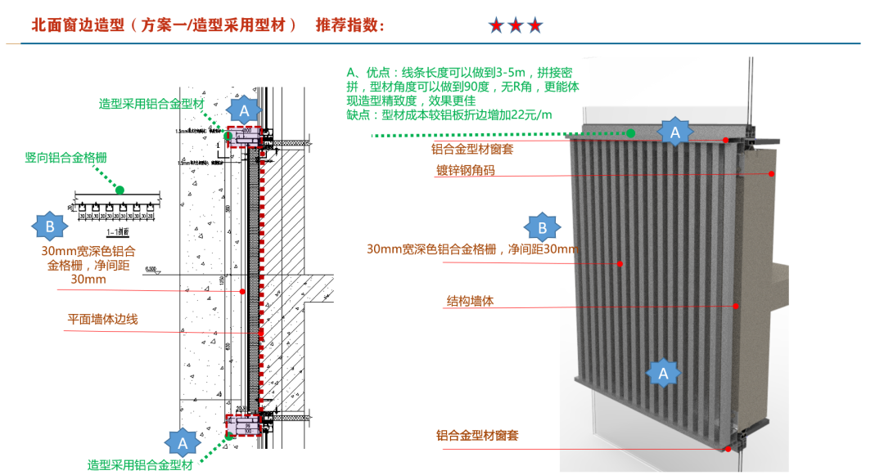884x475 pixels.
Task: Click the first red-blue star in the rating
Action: point(496,25)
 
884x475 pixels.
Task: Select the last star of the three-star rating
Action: point(534,25)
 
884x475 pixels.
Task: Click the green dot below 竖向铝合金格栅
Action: point(120,190)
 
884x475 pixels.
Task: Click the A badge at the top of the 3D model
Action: point(674,131)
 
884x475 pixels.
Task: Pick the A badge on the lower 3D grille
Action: point(664,372)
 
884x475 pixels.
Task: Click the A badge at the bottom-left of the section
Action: point(183,442)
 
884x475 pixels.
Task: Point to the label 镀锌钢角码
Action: point(465,171)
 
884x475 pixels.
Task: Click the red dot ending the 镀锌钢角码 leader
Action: point(772,173)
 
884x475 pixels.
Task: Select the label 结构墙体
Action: point(470,301)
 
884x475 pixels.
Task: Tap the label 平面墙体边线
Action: point(102,319)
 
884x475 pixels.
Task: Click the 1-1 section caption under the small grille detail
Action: point(115,231)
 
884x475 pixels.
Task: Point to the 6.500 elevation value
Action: point(150,268)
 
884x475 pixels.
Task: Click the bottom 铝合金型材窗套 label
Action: point(477,436)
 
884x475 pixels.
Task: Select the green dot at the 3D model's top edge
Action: point(632,132)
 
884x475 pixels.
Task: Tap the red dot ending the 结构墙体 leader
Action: point(736,307)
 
